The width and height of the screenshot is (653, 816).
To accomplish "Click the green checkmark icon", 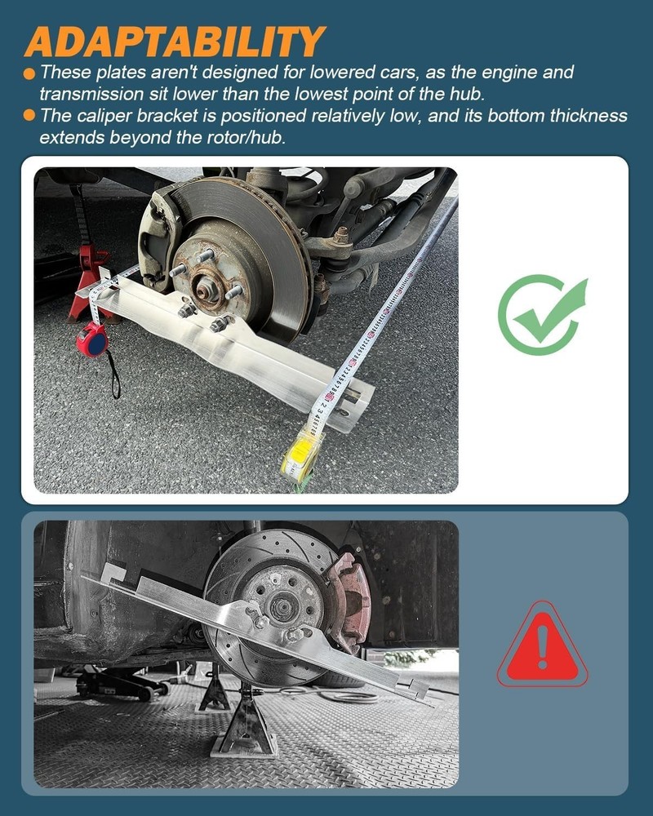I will (542, 314).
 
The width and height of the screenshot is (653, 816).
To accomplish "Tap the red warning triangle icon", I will (542, 648).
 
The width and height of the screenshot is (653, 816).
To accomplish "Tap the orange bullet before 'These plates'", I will (29, 73).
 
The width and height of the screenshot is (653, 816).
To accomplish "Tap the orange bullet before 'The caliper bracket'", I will (29, 115).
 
